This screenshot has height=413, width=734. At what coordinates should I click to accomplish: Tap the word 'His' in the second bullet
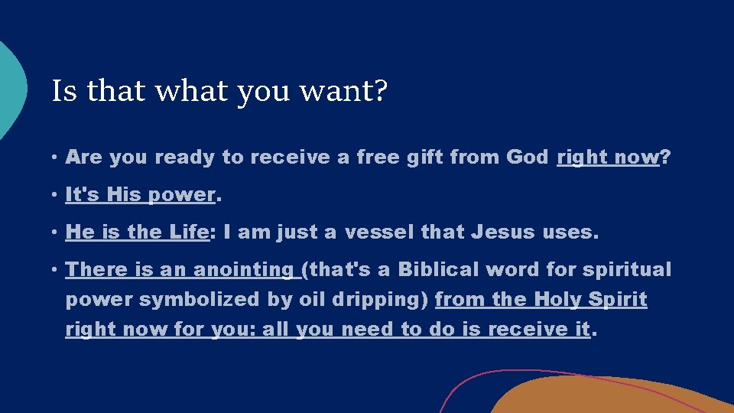tap(124, 195)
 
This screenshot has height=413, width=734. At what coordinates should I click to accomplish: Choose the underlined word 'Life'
tap(185, 233)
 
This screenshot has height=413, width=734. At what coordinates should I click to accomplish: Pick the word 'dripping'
tap(378, 300)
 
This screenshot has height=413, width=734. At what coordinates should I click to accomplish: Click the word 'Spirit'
tap(619, 300)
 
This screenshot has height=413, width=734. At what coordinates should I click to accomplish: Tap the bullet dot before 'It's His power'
tap(56, 196)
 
